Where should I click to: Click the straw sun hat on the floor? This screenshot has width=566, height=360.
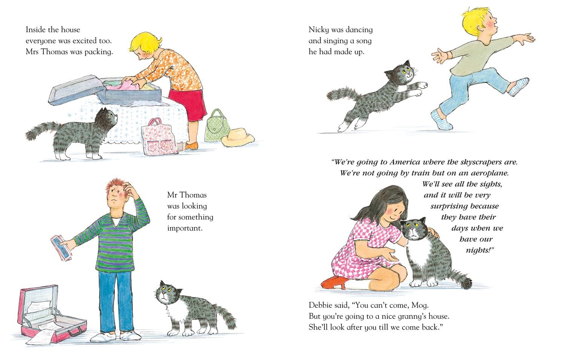(237, 137)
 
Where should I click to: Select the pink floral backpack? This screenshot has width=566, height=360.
(160, 137)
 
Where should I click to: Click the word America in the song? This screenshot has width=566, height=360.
(405, 162)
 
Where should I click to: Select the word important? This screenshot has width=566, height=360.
(185, 228)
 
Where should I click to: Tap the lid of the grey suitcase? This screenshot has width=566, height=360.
(75, 90)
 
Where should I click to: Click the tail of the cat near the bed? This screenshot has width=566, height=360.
(41, 130)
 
